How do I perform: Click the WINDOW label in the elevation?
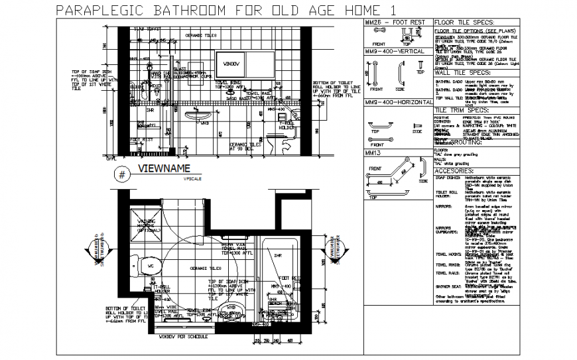[230, 64]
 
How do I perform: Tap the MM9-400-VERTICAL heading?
[395, 51]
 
